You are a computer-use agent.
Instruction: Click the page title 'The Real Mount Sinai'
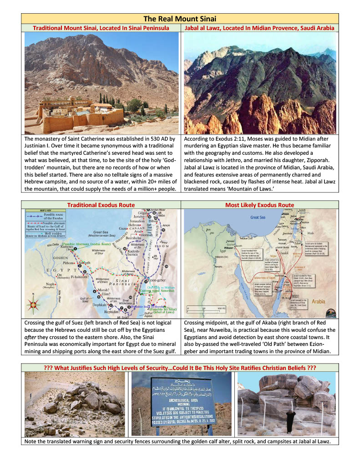click(x=180, y=19)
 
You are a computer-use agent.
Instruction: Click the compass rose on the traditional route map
click(x=33, y=314)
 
